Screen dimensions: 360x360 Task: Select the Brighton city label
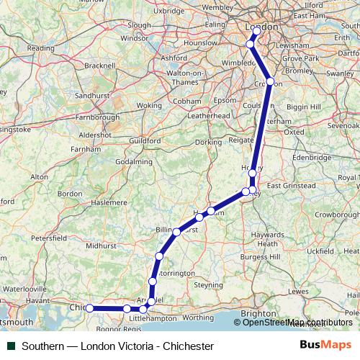click(258, 313)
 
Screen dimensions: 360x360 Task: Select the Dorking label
click(207, 143)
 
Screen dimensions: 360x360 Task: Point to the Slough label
click(138, 24)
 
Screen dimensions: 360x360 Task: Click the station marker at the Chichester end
click(90, 308)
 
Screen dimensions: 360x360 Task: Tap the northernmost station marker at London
click(257, 31)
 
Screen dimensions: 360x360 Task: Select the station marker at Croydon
click(269, 82)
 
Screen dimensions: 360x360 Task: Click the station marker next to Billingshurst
click(176, 232)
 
